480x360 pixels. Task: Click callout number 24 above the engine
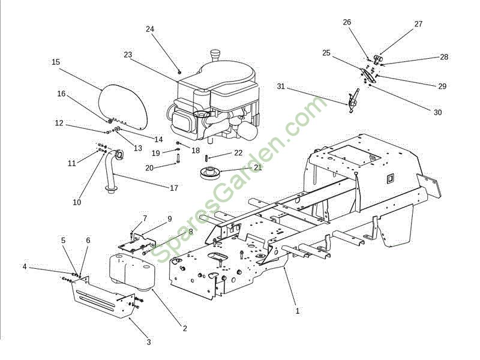click(x=150, y=29)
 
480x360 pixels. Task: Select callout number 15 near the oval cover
click(x=56, y=62)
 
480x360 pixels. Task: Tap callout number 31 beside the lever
click(x=281, y=86)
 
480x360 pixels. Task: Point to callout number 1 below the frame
click(x=297, y=311)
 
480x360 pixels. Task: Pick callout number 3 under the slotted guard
click(x=149, y=342)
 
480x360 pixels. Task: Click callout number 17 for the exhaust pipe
click(x=174, y=188)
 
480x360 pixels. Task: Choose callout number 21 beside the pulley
click(x=258, y=167)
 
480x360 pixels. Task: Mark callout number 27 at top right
click(x=418, y=24)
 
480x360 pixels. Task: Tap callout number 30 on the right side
click(x=438, y=113)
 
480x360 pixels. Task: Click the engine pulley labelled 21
click(x=209, y=172)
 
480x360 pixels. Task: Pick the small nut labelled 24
click(x=179, y=72)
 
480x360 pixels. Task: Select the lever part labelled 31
click(x=353, y=101)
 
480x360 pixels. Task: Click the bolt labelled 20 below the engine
click(x=177, y=159)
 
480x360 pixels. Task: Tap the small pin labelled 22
click(x=206, y=158)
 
